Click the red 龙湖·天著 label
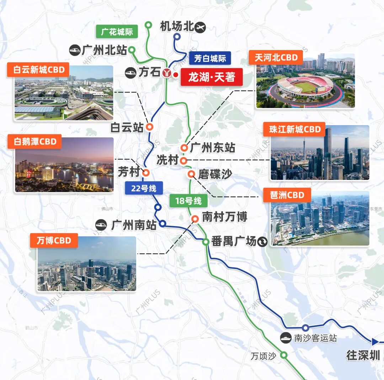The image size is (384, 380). point(212,77)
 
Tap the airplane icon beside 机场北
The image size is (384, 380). point(201,27)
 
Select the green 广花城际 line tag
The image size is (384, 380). point(117,32)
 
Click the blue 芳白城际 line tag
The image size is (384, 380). point(210,58)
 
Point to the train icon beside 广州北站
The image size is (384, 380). point(75,50)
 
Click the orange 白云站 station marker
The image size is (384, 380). point(150,127)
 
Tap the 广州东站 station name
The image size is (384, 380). point(213,148)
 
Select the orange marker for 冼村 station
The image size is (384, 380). point(183,161)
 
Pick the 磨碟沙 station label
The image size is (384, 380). point(215,174)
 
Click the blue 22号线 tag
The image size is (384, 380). point(144,188)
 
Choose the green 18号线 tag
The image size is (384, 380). point(188,201)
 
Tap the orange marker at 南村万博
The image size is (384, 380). point(195,219)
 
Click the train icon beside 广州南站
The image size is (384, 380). point(101,225)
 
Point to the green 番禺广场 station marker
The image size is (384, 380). point(206,242)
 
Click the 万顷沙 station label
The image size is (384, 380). point(263,356)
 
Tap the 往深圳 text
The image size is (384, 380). point(363,355)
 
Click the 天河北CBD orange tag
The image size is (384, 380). point(276,58)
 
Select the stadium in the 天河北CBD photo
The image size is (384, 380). point(305,86)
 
